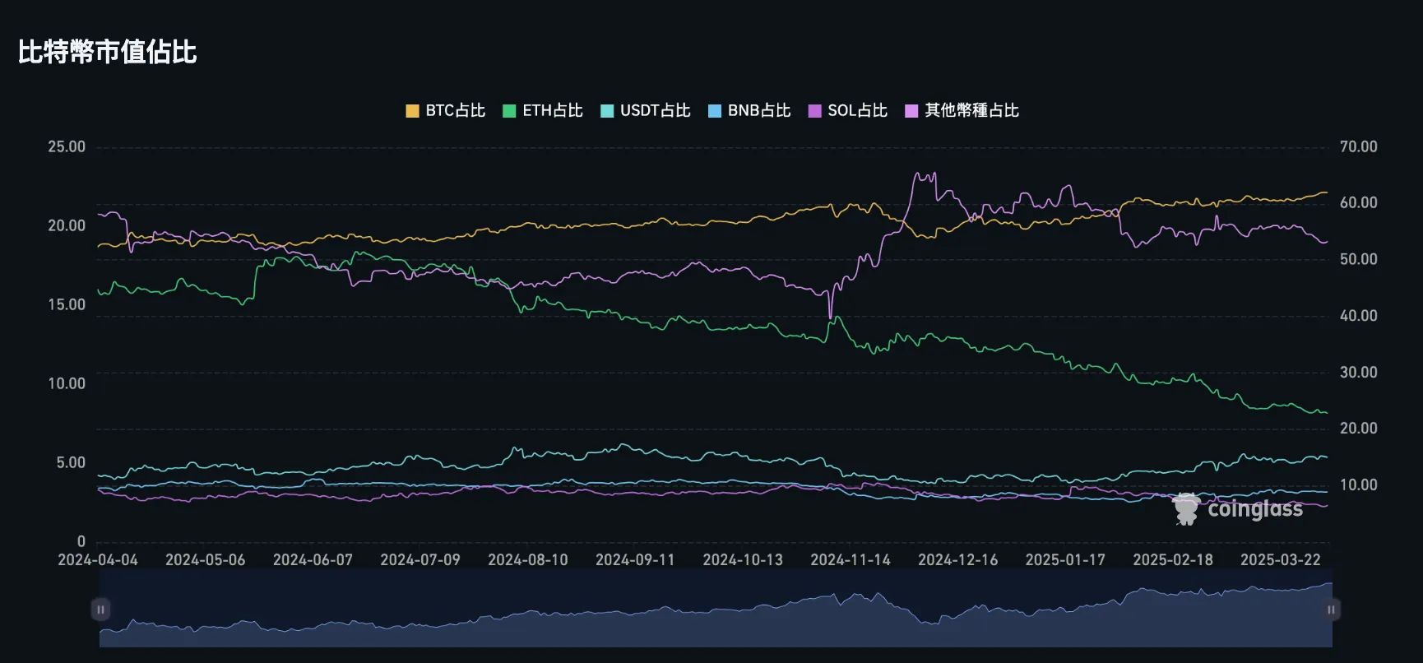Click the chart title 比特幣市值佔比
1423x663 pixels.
tap(108, 53)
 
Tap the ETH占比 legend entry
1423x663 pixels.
tap(543, 110)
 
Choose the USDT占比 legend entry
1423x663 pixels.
tap(646, 110)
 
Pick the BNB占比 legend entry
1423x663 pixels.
tap(749, 110)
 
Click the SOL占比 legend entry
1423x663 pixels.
tap(848, 110)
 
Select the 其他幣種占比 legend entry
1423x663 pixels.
tap(962, 110)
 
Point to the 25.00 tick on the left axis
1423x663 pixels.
tap(67, 147)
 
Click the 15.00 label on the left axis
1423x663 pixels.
tap(67, 305)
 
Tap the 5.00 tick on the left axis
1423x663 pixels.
tap(71, 463)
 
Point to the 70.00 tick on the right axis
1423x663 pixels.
tap(1358, 147)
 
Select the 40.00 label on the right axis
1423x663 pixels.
tap(1358, 316)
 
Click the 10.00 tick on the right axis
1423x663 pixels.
tap(1358, 485)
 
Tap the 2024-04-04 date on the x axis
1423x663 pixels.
tap(98, 560)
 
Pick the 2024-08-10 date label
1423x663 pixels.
tap(528, 560)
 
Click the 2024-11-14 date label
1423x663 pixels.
tap(851, 560)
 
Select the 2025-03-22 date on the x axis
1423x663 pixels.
tap(1281, 560)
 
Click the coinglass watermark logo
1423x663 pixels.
tap(1238, 509)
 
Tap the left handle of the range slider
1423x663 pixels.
tap(100, 610)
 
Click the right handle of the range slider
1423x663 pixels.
tap(1331, 610)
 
